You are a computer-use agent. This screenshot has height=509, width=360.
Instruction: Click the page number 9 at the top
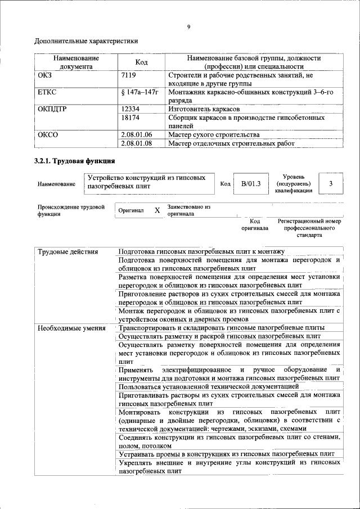pos(188,26)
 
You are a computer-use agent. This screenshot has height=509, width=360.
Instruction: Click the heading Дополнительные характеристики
pos(86,41)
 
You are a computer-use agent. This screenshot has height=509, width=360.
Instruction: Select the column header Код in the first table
pos(142,62)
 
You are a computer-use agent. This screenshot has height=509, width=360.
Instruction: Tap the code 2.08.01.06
pos(137,135)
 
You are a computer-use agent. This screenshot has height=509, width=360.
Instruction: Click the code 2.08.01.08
pos(137,143)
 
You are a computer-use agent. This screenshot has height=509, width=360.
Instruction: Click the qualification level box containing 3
pos(331,183)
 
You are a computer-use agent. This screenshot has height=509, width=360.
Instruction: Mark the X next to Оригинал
pos(157,210)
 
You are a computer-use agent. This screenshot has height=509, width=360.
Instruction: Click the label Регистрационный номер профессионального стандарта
pos(309,228)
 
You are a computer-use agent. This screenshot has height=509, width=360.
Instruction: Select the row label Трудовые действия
pos(68,251)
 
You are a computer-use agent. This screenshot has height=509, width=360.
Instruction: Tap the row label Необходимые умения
pos(71,328)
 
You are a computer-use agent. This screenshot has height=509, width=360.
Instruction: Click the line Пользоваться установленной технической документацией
pos(209,386)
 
